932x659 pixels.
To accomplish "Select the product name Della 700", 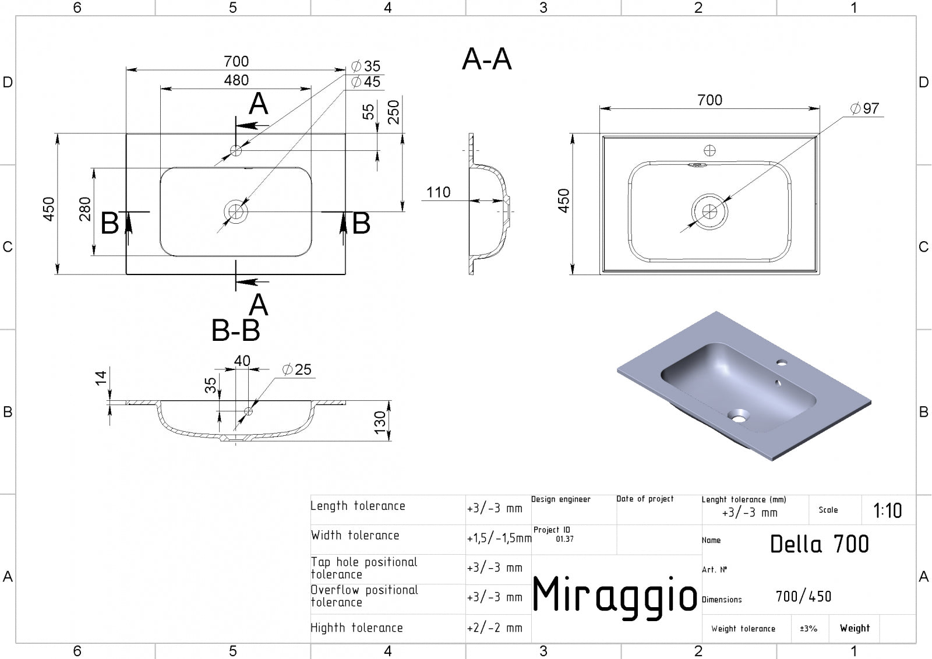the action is point(819,544).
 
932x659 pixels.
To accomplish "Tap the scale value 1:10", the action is point(888,510).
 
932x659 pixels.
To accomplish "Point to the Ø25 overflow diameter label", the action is point(296,369).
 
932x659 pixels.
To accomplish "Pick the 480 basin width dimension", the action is point(236,80).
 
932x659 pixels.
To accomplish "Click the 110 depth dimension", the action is point(438,192).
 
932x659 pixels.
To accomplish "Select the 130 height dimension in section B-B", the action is point(380,422).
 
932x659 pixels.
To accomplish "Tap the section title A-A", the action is point(487,59).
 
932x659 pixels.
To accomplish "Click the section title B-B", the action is point(235,330).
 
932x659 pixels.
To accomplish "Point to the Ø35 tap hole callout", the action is point(366,66).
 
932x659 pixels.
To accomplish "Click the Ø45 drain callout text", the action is point(366,82).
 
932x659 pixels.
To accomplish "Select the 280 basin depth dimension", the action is point(85,209).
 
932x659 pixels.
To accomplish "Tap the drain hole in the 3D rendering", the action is point(737,415).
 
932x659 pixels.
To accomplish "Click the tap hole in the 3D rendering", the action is point(781,362).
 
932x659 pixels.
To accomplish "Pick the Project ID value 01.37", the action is point(564,539).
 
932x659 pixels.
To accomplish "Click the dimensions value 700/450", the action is point(803,597).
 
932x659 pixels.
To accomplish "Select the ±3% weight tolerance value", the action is point(809,629).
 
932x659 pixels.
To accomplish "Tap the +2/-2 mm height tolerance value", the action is point(495,628).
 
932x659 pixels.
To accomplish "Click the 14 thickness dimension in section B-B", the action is point(101,378).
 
